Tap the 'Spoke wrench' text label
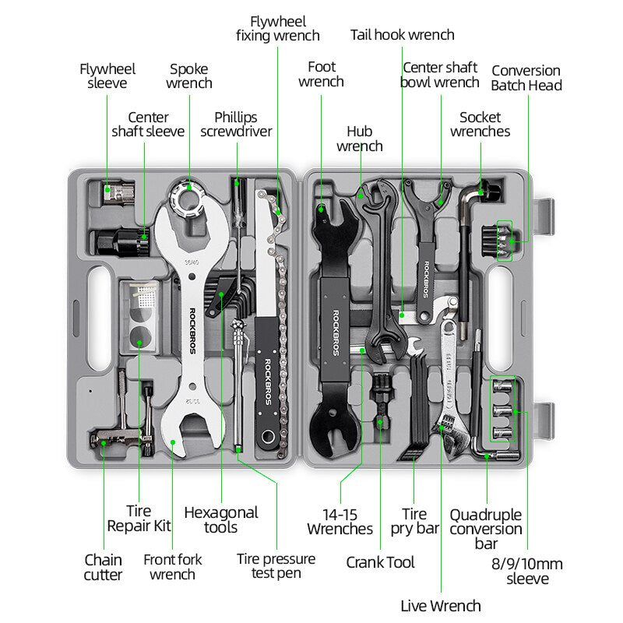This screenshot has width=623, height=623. pos(188,76)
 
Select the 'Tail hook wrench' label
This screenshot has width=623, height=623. pos(402,34)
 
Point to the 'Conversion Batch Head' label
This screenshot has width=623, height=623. pos(526,78)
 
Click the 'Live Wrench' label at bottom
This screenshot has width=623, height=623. pos(441,605)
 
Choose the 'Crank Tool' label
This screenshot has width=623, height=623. pos(380,561)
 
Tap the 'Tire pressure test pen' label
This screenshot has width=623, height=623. pos(276,566)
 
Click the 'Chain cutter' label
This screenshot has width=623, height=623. pos(104,567)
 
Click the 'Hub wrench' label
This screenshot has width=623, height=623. pos(359,139)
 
